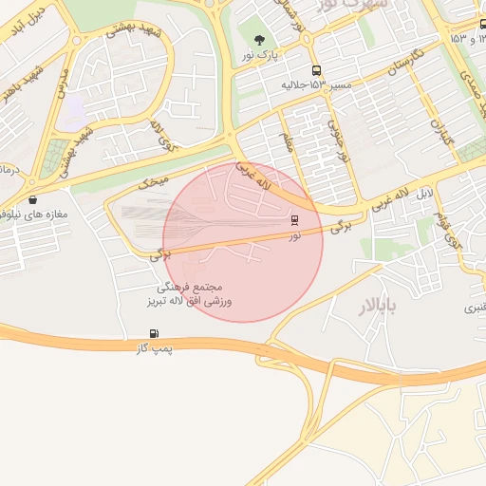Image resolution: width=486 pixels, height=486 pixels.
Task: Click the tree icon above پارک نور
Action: point(259,40)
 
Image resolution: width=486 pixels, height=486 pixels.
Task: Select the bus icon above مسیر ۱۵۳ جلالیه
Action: point(315,70)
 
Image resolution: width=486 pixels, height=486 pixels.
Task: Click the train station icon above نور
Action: point(294,219)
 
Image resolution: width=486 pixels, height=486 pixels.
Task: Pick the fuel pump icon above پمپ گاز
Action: point(154,333)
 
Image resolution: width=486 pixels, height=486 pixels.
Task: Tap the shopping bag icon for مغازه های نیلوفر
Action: point(34,199)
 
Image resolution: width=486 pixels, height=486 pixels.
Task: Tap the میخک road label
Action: point(152,178)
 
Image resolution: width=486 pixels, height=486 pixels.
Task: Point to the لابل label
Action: point(422,194)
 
